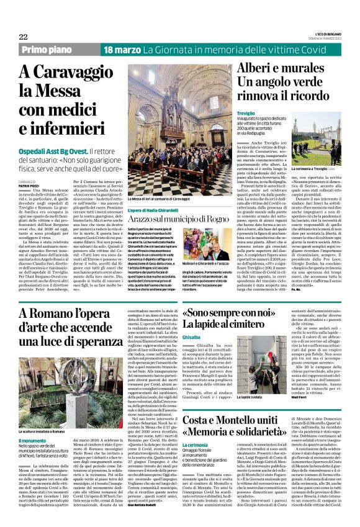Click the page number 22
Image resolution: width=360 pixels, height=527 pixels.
pyautogui.click(x=24, y=37)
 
